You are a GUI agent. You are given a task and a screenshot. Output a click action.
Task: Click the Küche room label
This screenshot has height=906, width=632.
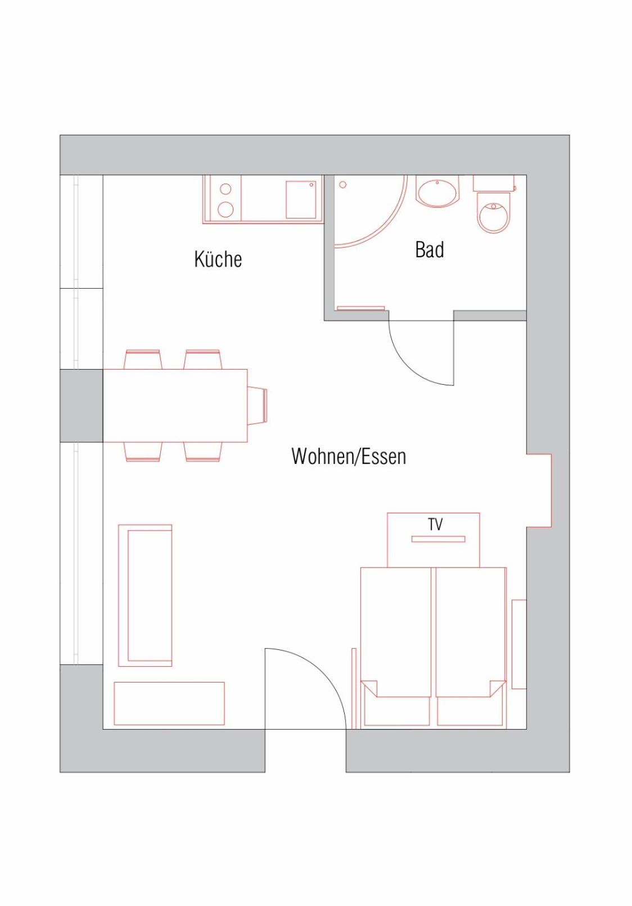pos(218,259)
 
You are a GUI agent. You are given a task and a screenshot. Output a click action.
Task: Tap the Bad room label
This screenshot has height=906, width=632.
pos(430,249)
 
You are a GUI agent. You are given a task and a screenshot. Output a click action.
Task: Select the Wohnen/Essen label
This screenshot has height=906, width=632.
pos(349,457)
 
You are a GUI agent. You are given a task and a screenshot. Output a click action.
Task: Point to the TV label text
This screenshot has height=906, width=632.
pos(435,525)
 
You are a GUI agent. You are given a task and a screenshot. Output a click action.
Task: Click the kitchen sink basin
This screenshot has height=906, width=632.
pos(301,199)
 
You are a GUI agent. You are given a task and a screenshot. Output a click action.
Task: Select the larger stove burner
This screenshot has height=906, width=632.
pos(225,209)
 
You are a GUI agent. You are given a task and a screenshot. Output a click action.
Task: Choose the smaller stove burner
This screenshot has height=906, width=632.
pos(225,189)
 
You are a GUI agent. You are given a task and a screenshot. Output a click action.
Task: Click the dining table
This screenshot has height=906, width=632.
pos(175,406)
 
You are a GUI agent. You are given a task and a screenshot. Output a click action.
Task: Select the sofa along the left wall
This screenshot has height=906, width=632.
pos(145,595)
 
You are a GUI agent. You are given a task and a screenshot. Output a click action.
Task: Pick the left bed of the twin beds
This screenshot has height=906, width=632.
pos(396,647)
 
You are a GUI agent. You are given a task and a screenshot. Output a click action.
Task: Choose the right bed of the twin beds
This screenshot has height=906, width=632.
pos(471,647)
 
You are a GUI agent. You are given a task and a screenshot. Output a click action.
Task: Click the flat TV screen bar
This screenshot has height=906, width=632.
pos(439,539)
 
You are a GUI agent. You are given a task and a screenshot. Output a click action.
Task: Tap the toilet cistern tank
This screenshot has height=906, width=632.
pos(494,183)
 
